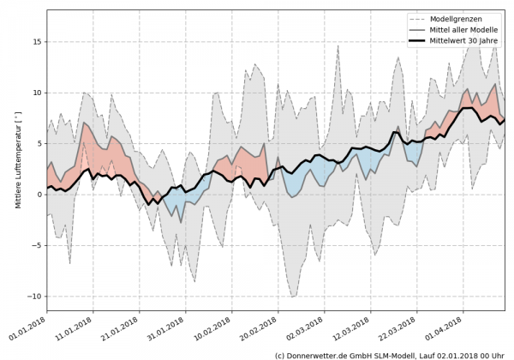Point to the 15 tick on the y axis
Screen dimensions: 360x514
[37, 41]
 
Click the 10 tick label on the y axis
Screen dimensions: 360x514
[37, 93]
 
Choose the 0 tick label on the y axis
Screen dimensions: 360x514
[39, 195]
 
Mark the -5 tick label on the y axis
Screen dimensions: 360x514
[37, 245]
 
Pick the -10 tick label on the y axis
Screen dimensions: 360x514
[34, 297]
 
